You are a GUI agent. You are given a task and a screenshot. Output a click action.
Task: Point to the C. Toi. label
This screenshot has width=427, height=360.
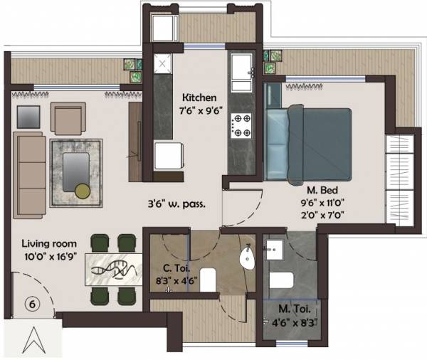coord(169,268)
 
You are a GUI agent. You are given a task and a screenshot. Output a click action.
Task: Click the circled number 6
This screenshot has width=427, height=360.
coord(31,302)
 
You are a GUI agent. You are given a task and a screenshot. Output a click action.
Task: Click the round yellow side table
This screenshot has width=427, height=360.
coord(83,190)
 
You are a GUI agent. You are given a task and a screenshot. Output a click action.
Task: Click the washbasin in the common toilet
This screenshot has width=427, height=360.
coord(248,258)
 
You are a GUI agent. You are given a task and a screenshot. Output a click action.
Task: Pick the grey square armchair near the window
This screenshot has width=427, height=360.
coord(28,116)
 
